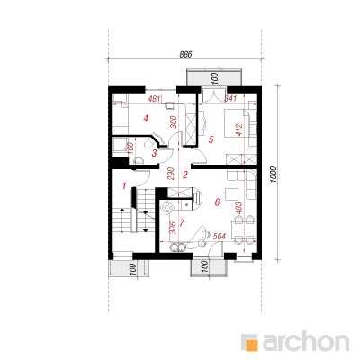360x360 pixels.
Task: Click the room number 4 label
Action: [146, 119]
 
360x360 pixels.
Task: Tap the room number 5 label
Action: [211, 139]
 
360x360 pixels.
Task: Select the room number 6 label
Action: [217, 202]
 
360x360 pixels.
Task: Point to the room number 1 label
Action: [124, 186]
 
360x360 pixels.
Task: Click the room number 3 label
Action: [154, 153]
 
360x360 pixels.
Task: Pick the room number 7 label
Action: [182, 223]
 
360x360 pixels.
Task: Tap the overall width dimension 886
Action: [185, 54]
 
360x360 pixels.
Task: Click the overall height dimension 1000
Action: [273, 174]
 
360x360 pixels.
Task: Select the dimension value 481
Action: [155, 99]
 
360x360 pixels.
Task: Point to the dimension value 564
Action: [219, 237]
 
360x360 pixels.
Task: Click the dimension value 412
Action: [239, 130]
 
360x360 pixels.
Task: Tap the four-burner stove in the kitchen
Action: [166, 207]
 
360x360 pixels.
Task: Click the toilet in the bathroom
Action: [149, 142]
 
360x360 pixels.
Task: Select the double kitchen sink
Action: [177, 247]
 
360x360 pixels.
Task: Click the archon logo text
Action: [306, 340]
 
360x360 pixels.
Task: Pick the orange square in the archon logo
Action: [251, 345]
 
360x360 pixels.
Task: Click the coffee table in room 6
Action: [232, 194]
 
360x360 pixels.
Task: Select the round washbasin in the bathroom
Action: [139, 160]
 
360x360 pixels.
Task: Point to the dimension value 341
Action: [230, 99]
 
